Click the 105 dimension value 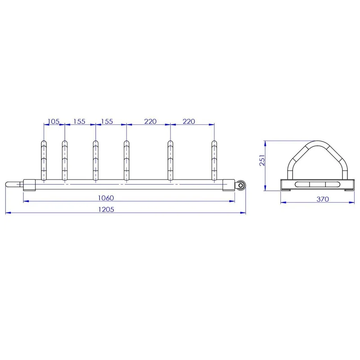pos(54,121)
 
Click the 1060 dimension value pos(106,198)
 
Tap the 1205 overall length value pos(106,209)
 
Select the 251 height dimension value pos(262,160)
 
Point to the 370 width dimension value pos(323,199)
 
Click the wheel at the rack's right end pos(240,185)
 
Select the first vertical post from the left pos(44,161)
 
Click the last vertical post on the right pos(214,161)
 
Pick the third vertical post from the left pos(96,161)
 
